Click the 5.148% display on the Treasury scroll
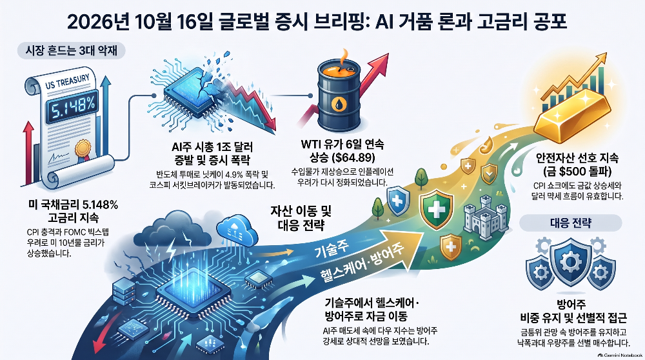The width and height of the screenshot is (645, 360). [x=73, y=107]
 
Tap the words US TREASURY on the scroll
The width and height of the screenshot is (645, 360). [x=67, y=81]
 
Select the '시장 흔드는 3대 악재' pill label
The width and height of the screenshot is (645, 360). [x=72, y=50]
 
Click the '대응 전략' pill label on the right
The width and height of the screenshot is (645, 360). [x=571, y=223]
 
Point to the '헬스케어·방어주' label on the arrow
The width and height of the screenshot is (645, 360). [x=362, y=263]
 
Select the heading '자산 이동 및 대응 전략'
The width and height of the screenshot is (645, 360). [x=301, y=218]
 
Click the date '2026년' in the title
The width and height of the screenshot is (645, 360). [x=98, y=22]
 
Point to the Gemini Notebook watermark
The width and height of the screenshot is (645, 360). [x=620, y=355]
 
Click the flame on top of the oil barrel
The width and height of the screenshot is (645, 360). [x=344, y=57]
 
